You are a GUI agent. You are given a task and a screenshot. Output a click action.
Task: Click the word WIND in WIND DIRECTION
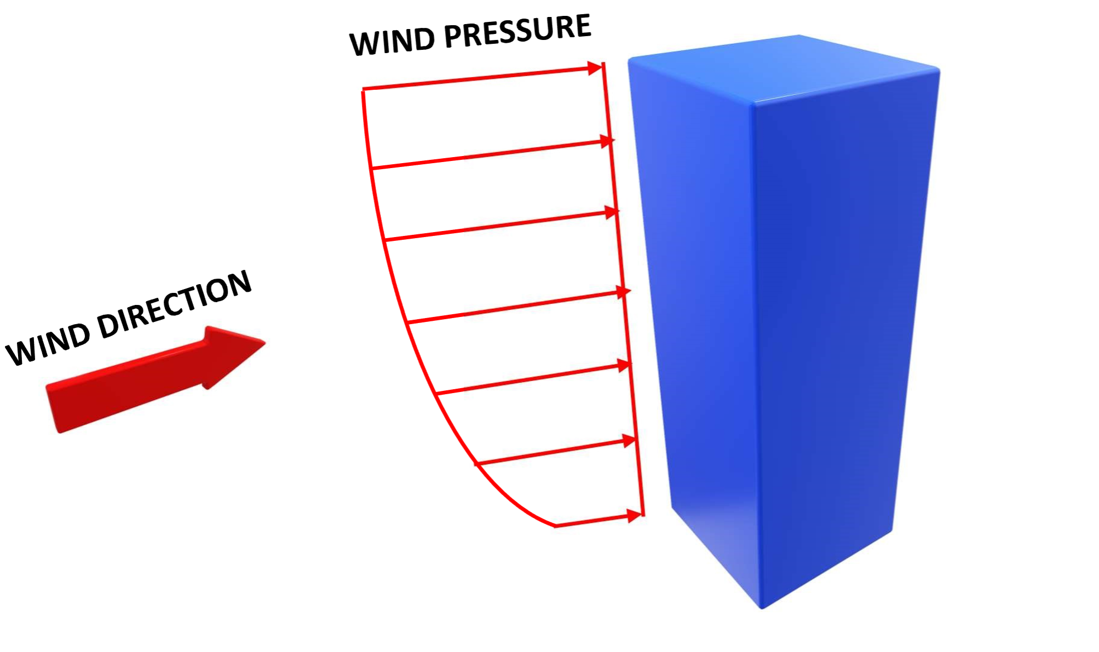tap(48, 345)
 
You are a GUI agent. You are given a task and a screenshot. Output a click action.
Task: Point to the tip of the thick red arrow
tap(266, 343)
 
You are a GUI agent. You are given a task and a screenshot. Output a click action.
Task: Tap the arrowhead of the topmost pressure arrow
tap(595, 68)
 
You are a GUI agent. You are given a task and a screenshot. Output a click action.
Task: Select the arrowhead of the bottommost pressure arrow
tap(635, 516)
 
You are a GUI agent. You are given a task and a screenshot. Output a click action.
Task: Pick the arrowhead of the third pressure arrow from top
tap(612, 212)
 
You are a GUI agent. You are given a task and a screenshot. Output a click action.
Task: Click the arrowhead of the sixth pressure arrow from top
tap(629, 441)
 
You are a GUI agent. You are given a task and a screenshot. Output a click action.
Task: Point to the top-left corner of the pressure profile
tap(363, 89)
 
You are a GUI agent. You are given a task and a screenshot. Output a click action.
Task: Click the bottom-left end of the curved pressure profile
tap(556, 526)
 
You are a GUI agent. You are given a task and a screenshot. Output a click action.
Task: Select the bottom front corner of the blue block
tap(762, 608)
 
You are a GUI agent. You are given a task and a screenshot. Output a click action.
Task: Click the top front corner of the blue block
tap(752, 102)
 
